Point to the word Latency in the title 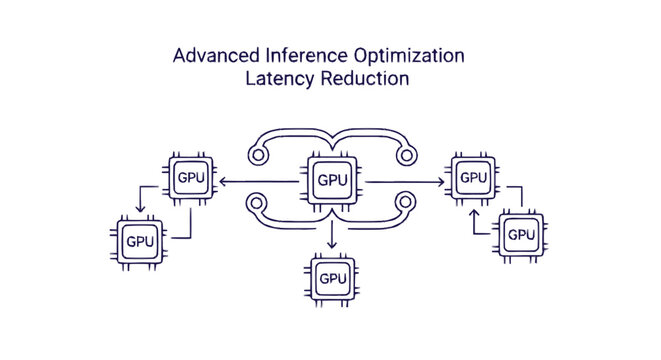pyautogui.click(x=275, y=80)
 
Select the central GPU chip pyautogui.click(x=332, y=180)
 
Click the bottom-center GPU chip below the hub pyautogui.click(x=332, y=277)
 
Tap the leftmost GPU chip pyautogui.click(x=139, y=241)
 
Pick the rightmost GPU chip pyautogui.click(x=521, y=233)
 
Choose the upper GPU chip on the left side pyautogui.click(x=193, y=178)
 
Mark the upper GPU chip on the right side pyautogui.click(x=472, y=178)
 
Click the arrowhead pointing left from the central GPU pyautogui.click(x=222, y=181)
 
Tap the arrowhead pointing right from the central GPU pyautogui.click(x=441, y=181)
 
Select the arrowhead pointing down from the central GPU pyautogui.click(x=332, y=244)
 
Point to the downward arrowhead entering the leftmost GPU pyautogui.click(x=140, y=212)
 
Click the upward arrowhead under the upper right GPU pyautogui.click(x=472, y=211)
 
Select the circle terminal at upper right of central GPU pyautogui.click(x=405, y=153)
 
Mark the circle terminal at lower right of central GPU pyautogui.click(x=405, y=209)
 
